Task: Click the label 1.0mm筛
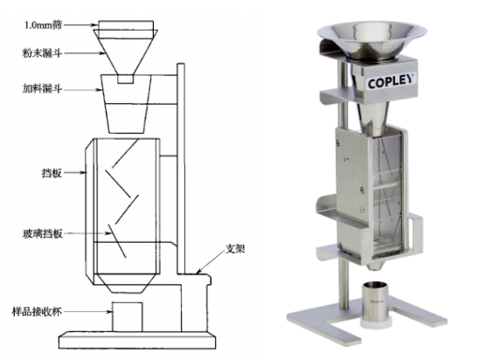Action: click(x=43, y=25)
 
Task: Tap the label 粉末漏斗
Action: click(x=42, y=53)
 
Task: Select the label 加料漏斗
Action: click(x=42, y=88)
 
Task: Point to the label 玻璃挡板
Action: click(x=43, y=234)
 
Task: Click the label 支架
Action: click(x=235, y=249)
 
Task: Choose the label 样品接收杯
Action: click(x=37, y=312)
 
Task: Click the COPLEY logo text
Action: click(x=391, y=81)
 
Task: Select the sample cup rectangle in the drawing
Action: click(x=127, y=317)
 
